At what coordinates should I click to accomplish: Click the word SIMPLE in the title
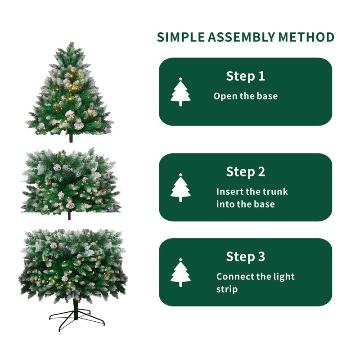pyautogui.click(x=179, y=37)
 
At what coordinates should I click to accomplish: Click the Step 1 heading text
pyautogui.click(x=245, y=76)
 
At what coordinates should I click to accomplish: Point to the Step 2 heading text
pyautogui.click(x=245, y=171)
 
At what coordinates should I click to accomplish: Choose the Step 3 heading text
pyautogui.click(x=245, y=256)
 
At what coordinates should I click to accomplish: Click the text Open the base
pyautogui.click(x=245, y=96)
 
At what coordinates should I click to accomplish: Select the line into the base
pyautogui.click(x=245, y=204)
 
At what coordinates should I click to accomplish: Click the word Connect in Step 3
pyautogui.click(x=234, y=277)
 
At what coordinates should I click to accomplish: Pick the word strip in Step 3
pyautogui.click(x=227, y=289)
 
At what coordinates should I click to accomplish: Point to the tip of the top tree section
pyautogui.click(x=70, y=44)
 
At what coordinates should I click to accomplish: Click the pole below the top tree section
pyautogui.click(x=71, y=138)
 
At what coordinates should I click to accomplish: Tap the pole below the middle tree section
pyautogui.click(x=69, y=216)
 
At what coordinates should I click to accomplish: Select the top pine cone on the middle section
pyautogui.click(x=57, y=167)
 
